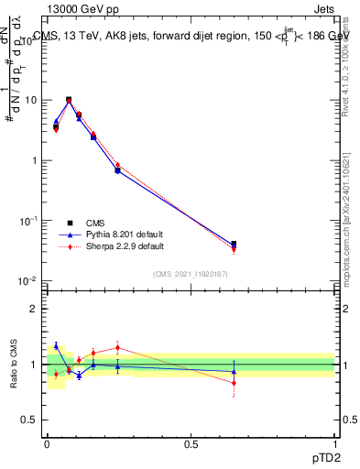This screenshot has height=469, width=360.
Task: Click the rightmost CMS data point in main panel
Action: coord(234,245)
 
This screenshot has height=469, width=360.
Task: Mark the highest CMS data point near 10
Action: coord(69,100)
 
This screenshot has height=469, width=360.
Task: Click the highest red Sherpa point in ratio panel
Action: coord(117,347)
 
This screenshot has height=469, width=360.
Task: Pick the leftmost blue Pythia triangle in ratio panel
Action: coord(56,345)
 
